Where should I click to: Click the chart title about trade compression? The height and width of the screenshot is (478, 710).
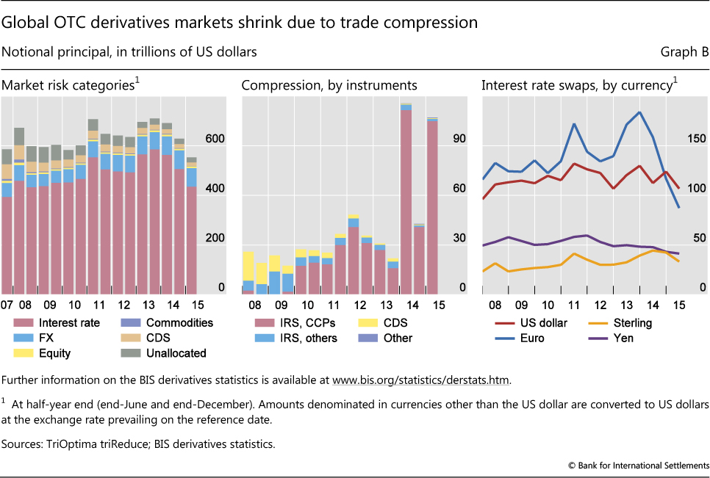tap(240, 23)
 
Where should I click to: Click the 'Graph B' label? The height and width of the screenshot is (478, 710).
tap(685, 52)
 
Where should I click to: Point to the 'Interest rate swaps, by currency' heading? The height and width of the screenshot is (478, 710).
tap(578, 86)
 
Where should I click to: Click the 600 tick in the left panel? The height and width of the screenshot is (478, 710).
tap(215, 140)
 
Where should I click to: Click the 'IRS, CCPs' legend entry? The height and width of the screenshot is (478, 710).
tap(297, 323)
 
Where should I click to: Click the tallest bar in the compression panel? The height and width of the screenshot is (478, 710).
tap(406, 198)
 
